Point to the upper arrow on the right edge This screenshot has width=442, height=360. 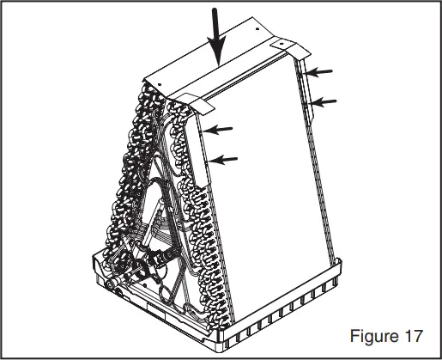click(x=321, y=71)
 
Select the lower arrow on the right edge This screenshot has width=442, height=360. click(x=324, y=102)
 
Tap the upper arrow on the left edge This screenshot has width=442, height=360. click(x=221, y=129)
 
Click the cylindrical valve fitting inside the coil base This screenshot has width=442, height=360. click(x=159, y=258)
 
